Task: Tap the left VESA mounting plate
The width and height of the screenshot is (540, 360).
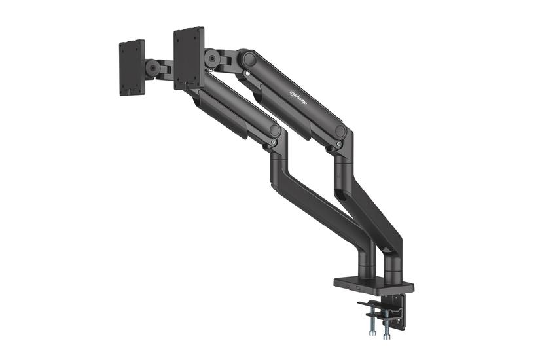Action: pyautogui.click(x=132, y=67)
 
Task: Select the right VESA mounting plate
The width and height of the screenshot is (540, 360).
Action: pyautogui.click(x=189, y=58)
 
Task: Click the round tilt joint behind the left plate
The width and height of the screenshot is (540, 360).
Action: pyautogui.click(x=153, y=67)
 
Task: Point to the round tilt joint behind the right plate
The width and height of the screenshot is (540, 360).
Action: pyautogui.click(x=211, y=58)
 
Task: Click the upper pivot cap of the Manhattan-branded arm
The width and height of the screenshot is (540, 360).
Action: pyautogui.click(x=247, y=59)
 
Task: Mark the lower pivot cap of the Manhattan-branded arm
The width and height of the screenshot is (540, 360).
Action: pyautogui.click(x=340, y=130)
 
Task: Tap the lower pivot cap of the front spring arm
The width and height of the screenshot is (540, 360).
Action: pyautogui.click(x=274, y=130)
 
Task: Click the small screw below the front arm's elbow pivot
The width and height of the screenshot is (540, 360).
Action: pyautogui.click(x=274, y=147)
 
